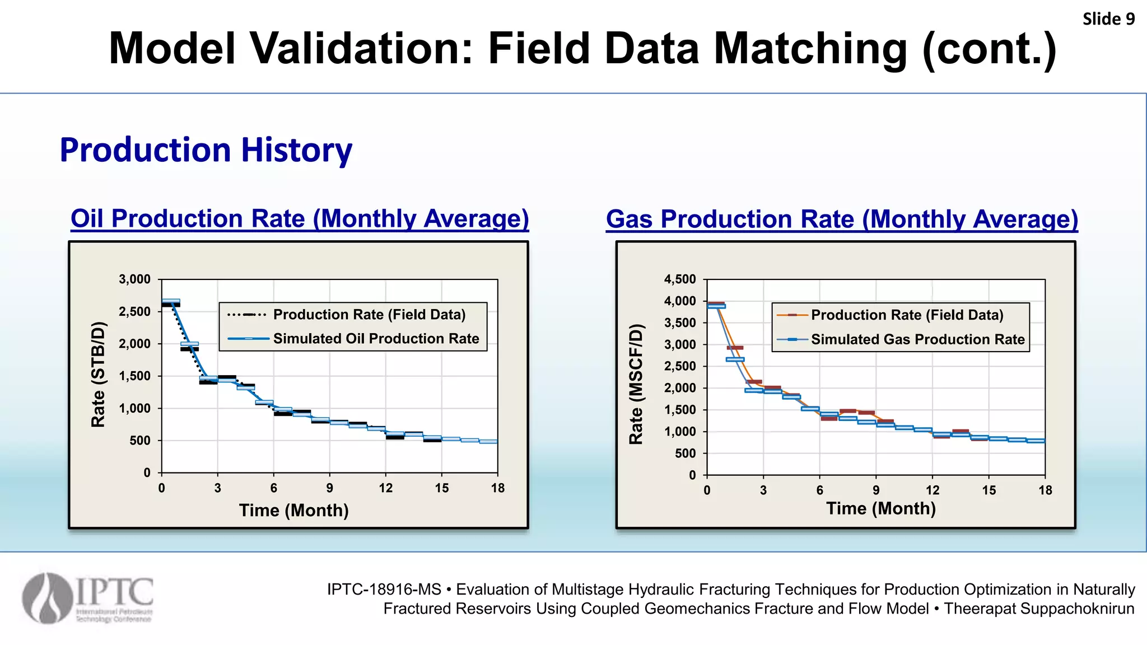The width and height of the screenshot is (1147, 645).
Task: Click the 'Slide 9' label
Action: (1108, 19)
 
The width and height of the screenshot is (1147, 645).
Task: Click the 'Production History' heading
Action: (206, 150)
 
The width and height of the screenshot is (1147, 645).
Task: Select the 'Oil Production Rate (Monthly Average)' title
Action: (300, 219)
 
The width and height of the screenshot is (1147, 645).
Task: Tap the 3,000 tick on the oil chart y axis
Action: (134, 279)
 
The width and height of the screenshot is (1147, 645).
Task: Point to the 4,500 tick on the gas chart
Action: (680, 279)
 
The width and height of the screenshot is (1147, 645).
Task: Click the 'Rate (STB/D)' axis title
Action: (98, 375)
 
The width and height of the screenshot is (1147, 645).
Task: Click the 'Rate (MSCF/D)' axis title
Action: (636, 384)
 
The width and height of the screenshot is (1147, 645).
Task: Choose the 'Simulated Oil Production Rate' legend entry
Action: (376, 339)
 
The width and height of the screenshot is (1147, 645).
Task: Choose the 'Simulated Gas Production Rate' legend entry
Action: (917, 339)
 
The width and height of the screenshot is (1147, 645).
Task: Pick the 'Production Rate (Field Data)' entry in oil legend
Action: (369, 315)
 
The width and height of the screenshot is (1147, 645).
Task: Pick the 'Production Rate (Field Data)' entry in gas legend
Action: (907, 315)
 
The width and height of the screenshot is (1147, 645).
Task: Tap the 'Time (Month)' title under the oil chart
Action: (293, 511)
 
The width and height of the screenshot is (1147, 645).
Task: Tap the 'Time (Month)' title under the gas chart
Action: (880, 508)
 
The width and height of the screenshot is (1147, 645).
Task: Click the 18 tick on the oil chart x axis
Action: (497, 488)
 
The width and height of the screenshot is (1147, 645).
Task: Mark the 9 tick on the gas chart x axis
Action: (876, 490)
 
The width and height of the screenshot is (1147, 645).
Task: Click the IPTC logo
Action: (88, 598)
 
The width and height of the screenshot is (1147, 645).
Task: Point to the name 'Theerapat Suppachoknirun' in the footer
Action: (1039, 609)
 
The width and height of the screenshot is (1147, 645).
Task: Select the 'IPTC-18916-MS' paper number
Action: (384, 590)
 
